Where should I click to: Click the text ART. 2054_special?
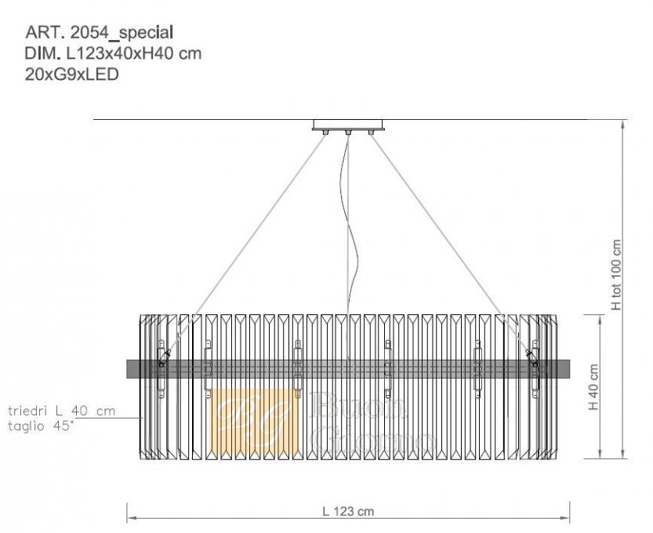click(x=99, y=32)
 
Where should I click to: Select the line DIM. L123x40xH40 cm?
click(x=113, y=53)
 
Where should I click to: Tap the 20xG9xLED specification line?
click(x=72, y=74)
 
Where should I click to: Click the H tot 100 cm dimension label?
click(x=617, y=275)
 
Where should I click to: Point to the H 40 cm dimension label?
click(x=593, y=387)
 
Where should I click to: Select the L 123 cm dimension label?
click(x=348, y=511)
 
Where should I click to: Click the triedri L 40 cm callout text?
click(x=62, y=411)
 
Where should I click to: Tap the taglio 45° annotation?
click(x=41, y=426)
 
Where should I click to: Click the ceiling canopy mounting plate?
click(x=348, y=125)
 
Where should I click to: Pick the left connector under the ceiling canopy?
click(x=325, y=132)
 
